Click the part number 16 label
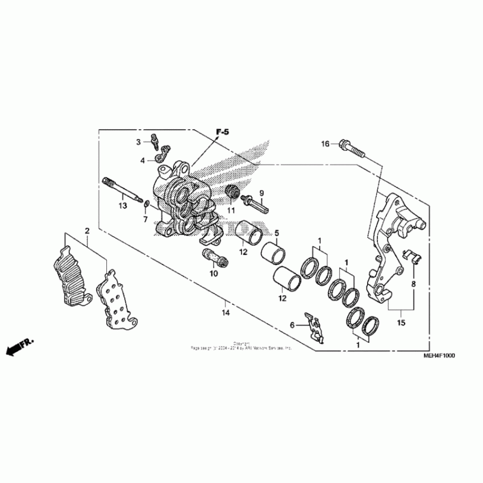325,144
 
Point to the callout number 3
138,142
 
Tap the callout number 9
263,193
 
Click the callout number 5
277,233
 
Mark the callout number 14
226,313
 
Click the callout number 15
400,324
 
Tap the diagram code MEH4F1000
439,356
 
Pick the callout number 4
143,161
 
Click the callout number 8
414,283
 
